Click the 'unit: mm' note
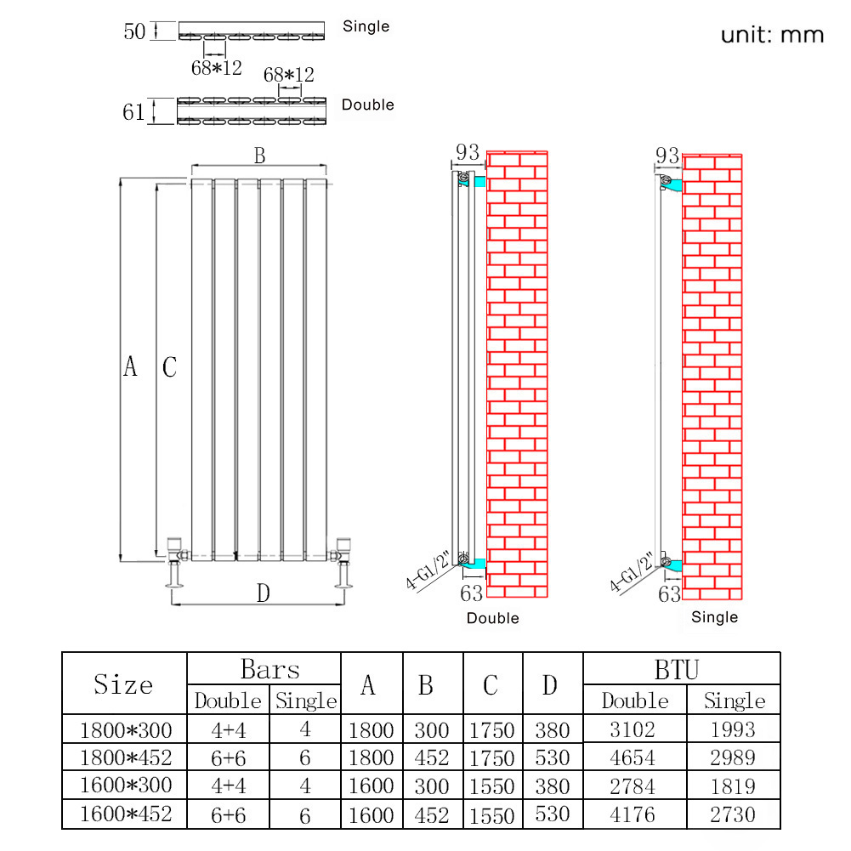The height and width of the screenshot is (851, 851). click(x=772, y=35)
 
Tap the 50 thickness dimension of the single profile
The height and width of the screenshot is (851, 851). click(x=134, y=31)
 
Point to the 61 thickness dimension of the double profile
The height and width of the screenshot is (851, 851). click(x=133, y=112)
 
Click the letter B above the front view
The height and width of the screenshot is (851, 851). click(x=259, y=156)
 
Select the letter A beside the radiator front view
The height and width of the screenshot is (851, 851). click(x=130, y=366)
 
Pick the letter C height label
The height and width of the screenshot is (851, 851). click(x=169, y=367)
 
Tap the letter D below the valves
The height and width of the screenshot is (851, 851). click(x=264, y=593)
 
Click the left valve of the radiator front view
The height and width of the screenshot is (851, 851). click(x=176, y=562)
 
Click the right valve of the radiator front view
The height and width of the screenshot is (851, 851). click(x=342, y=562)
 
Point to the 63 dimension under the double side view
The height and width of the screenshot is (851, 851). click(x=471, y=593)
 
